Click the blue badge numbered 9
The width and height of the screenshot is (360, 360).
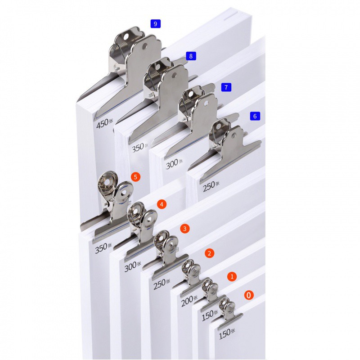[155, 24]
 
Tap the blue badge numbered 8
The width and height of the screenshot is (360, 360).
[191, 56]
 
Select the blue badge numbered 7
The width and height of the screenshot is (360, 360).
[226, 87]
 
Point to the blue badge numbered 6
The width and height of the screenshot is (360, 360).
[255, 116]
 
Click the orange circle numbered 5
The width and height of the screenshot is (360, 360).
[135, 177]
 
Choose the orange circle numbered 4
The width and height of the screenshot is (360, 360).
[162, 204]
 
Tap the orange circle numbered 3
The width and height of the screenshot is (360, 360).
[185, 229]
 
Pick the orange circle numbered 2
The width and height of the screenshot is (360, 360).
[209, 253]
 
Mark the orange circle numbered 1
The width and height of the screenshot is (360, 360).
[232, 276]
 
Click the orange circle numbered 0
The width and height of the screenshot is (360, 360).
[249, 295]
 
